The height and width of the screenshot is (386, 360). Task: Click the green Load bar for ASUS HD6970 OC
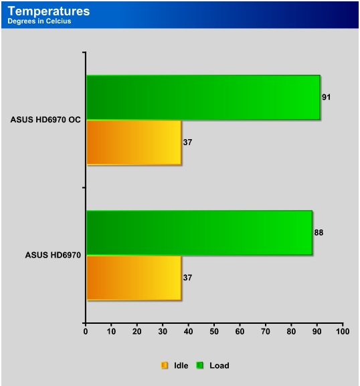(203, 98)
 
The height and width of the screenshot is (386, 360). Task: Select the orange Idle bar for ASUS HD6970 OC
(134, 142)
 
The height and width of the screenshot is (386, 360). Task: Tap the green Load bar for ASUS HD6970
(199, 233)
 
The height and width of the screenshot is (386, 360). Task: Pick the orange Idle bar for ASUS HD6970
(134, 278)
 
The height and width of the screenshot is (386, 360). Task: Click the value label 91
(327, 97)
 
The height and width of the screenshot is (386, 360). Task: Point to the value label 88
(319, 233)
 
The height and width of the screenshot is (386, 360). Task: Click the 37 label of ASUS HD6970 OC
(187, 142)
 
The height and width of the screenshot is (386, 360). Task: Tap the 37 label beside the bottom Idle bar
(187, 278)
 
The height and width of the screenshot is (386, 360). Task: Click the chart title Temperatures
(49, 11)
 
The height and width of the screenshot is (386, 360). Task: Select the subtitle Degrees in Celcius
(39, 21)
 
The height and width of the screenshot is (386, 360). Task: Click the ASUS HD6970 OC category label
(46, 120)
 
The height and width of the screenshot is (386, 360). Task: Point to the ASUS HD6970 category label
(53, 255)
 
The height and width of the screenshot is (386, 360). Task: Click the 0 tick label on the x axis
(86, 332)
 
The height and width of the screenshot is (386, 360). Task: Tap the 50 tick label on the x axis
(214, 332)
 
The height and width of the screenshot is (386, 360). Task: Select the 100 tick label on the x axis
(343, 332)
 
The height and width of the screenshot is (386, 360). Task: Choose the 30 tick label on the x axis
(163, 332)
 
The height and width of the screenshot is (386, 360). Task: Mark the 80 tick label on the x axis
(291, 332)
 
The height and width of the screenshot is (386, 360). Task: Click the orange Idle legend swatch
(165, 365)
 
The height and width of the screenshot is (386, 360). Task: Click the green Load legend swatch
(199, 365)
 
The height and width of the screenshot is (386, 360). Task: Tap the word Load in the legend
(219, 365)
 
